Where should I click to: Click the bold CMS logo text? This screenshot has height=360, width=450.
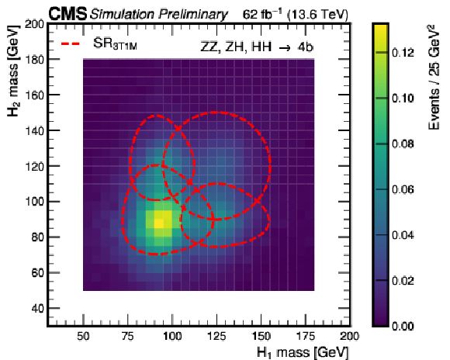coord(67,14)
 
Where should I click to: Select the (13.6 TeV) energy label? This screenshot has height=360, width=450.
coord(317,15)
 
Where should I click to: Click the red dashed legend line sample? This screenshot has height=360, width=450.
coord(71,44)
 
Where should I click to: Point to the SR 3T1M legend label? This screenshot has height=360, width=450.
coord(115,44)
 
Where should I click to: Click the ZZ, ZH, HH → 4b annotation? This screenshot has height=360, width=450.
coord(256,47)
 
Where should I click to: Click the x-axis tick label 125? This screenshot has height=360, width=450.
coord(216,336)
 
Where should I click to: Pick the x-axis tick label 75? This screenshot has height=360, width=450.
coord(127,336)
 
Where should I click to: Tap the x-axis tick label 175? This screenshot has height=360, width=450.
coord(306,336)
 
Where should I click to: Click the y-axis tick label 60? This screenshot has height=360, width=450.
coord(37,273)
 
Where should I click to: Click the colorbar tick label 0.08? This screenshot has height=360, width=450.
coord(403,144)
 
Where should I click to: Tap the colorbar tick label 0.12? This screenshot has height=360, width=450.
coord(403,53)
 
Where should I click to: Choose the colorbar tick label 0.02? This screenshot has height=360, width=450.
coord(403,281)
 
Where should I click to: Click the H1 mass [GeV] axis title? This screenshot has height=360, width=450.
coord(303,352)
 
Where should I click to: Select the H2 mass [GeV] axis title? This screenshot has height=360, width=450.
coord(13,71)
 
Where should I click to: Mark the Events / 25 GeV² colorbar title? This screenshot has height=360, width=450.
coord(434,78)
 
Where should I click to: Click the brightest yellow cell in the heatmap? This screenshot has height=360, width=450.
coord(159,223)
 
